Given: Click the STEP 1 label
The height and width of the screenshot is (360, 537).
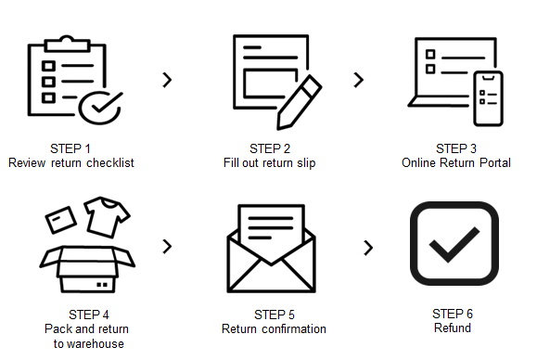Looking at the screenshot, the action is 70,148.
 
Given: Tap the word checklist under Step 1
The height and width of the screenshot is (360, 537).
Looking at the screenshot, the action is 110,162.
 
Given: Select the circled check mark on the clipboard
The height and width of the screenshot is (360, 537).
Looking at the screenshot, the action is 100,108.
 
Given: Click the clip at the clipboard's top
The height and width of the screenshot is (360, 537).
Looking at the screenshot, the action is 67,44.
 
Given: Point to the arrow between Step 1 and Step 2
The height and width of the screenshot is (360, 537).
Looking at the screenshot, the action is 167,80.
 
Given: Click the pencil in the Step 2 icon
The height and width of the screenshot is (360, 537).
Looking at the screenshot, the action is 299,102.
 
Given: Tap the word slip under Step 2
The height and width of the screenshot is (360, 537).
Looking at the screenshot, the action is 306,163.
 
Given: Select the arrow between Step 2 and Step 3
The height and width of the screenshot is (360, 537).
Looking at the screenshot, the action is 359,80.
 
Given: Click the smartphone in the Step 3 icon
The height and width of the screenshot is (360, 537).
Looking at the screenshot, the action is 488,98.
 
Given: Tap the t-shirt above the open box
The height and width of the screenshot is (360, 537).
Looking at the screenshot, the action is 107,217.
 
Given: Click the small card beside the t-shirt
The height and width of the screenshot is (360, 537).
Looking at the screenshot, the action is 61,220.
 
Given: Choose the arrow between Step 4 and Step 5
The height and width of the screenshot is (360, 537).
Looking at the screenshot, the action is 167,246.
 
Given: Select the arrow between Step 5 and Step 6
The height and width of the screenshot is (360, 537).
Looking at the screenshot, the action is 368,248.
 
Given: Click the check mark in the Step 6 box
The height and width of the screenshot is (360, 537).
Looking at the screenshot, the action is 454,244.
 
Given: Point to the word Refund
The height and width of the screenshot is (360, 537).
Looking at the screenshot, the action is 453,328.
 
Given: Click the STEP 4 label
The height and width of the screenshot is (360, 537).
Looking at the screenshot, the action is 89,315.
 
